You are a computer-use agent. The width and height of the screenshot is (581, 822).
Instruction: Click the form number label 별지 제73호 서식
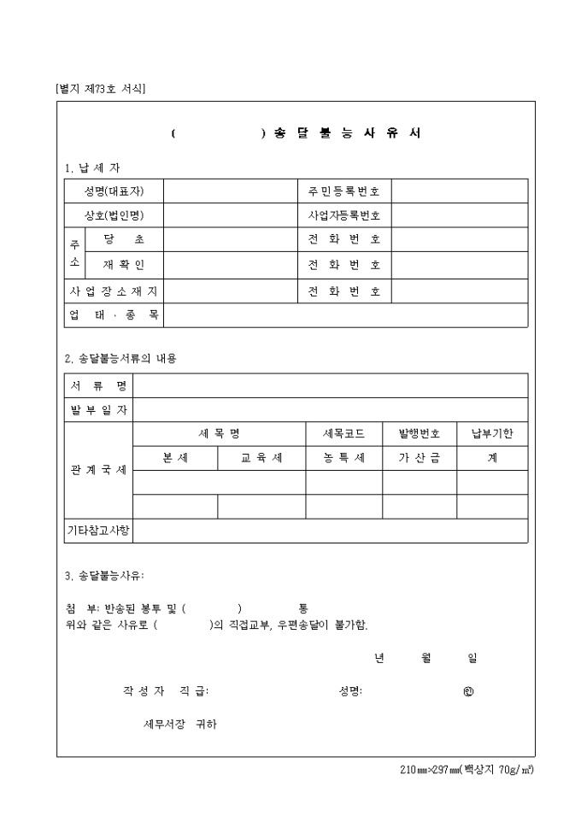pos(100,88)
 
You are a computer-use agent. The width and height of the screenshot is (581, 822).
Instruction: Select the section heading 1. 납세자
pos(92,167)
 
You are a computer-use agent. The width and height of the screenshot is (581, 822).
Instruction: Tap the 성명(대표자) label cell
pos(114,191)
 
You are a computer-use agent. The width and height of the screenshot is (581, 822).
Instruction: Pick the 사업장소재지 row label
pos(114,291)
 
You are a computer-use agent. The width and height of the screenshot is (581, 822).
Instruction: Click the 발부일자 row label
pos(98,409)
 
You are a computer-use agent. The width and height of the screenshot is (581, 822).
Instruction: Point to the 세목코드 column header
pos(343,434)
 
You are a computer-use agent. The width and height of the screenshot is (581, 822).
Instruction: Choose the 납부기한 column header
pos(492,434)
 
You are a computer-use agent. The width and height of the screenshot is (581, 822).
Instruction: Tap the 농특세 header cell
pos(343,458)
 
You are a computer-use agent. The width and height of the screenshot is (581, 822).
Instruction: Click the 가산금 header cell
pos(419,458)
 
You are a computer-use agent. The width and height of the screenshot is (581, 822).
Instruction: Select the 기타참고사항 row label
pos(98,531)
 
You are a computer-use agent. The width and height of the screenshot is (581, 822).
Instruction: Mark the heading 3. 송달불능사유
pos(110,575)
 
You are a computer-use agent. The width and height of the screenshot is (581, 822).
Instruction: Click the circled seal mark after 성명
pos(467,691)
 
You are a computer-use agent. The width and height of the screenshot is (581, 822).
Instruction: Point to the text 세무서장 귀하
pos(180,724)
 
